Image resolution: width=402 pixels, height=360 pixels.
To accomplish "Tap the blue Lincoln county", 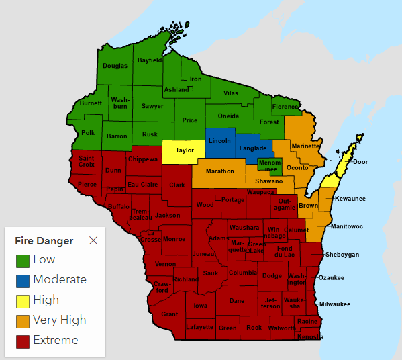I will (220, 141).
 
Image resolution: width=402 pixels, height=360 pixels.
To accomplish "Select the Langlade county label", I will (253, 148).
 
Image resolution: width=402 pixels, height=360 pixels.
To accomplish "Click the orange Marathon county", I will (219, 171).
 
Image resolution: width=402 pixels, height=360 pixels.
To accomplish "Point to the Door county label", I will (360, 162).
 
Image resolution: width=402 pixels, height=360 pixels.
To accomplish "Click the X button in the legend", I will (93, 240).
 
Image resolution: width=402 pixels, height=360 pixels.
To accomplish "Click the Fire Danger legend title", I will (44, 240).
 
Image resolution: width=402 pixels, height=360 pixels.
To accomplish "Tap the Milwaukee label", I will (334, 304).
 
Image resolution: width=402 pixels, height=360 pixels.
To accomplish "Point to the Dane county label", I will (237, 302).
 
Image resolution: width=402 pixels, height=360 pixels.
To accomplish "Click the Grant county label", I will (170, 314).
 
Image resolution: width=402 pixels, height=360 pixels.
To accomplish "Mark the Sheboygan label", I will (342, 255).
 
